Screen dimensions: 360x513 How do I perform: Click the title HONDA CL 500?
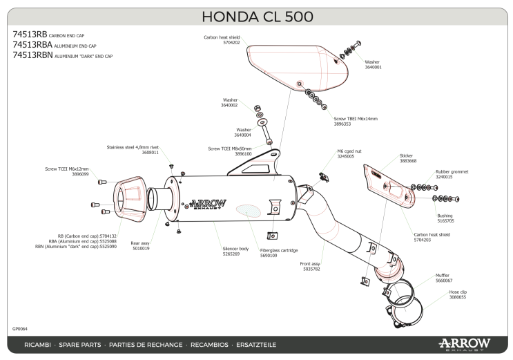click(x=256, y=16)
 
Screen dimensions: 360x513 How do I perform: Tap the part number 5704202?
click(x=231, y=43)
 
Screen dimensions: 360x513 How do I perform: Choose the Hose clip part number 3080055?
click(x=457, y=296)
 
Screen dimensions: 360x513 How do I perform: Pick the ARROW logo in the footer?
click(x=463, y=343)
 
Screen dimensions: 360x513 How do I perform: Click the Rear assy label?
click(x=141, y=243)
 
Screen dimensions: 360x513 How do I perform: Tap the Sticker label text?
click(x=406, y=156)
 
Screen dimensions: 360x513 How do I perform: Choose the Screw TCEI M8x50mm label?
click(x=230, y=148)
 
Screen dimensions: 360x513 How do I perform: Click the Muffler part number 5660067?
click(x=443, y=281)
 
